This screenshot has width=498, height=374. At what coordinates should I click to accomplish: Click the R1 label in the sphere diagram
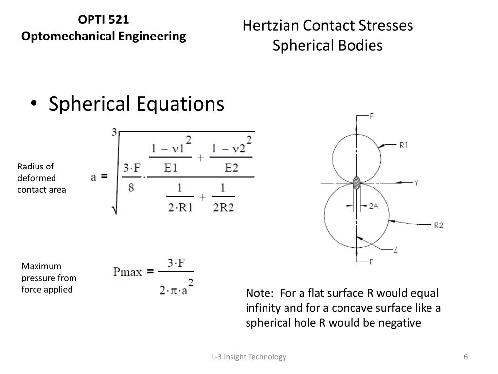(x=403, y=145)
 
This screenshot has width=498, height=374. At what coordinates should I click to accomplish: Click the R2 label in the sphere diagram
(x=438, y=225)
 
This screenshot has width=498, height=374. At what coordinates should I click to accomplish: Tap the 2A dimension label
(x=373, y=206)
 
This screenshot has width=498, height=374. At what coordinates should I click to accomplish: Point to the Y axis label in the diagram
(x=416, y=183)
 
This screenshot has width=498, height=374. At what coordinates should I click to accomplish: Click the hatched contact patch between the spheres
(x=357, y=183)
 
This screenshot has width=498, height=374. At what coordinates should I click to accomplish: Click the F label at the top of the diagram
(x=372, y=116)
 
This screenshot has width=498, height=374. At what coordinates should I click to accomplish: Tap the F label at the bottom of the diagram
(x=371, y=262)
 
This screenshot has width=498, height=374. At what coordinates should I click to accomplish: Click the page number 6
(x=465, y=357)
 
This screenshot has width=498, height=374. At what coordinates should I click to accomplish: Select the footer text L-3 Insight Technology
(x=249, y=357)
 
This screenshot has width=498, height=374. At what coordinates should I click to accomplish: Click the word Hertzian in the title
(x=270, y=25)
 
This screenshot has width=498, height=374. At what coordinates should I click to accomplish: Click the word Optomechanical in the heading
(x=60, y=36)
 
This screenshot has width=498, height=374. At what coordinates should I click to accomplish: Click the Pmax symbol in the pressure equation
(x=127, y=272)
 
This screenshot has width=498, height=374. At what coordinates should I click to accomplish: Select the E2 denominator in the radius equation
(x=231, y=168)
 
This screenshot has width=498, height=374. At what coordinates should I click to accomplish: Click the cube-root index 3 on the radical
(x=114, y=132)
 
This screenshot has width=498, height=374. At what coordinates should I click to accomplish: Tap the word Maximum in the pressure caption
(x=41, y=266)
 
